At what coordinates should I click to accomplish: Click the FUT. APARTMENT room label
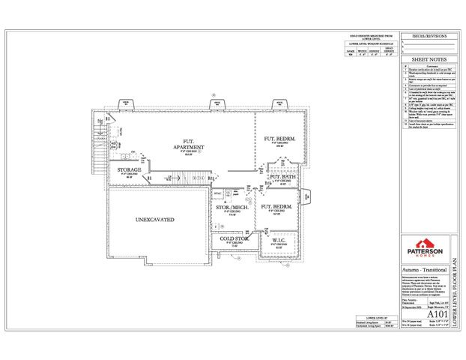[x=183, y=145]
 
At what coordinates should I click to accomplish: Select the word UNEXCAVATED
[x=155, y=220]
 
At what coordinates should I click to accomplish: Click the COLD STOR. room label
[x=234, y=239]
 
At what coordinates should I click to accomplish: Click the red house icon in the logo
[x=424, y=244]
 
